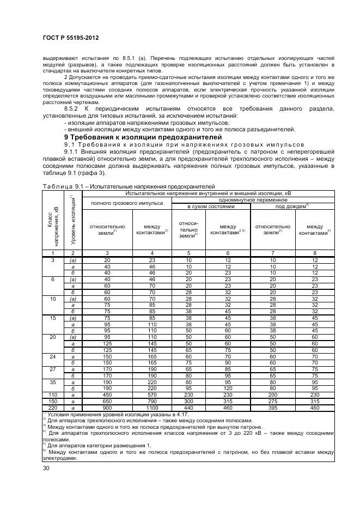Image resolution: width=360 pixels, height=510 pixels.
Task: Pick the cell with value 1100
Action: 152,408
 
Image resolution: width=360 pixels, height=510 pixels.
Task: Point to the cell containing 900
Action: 107,408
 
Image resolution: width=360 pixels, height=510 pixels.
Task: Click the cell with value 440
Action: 189,408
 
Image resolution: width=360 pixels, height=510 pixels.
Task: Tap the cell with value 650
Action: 107,401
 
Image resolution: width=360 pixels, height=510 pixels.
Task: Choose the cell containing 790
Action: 152,401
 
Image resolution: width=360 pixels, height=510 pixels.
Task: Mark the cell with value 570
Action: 152,394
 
